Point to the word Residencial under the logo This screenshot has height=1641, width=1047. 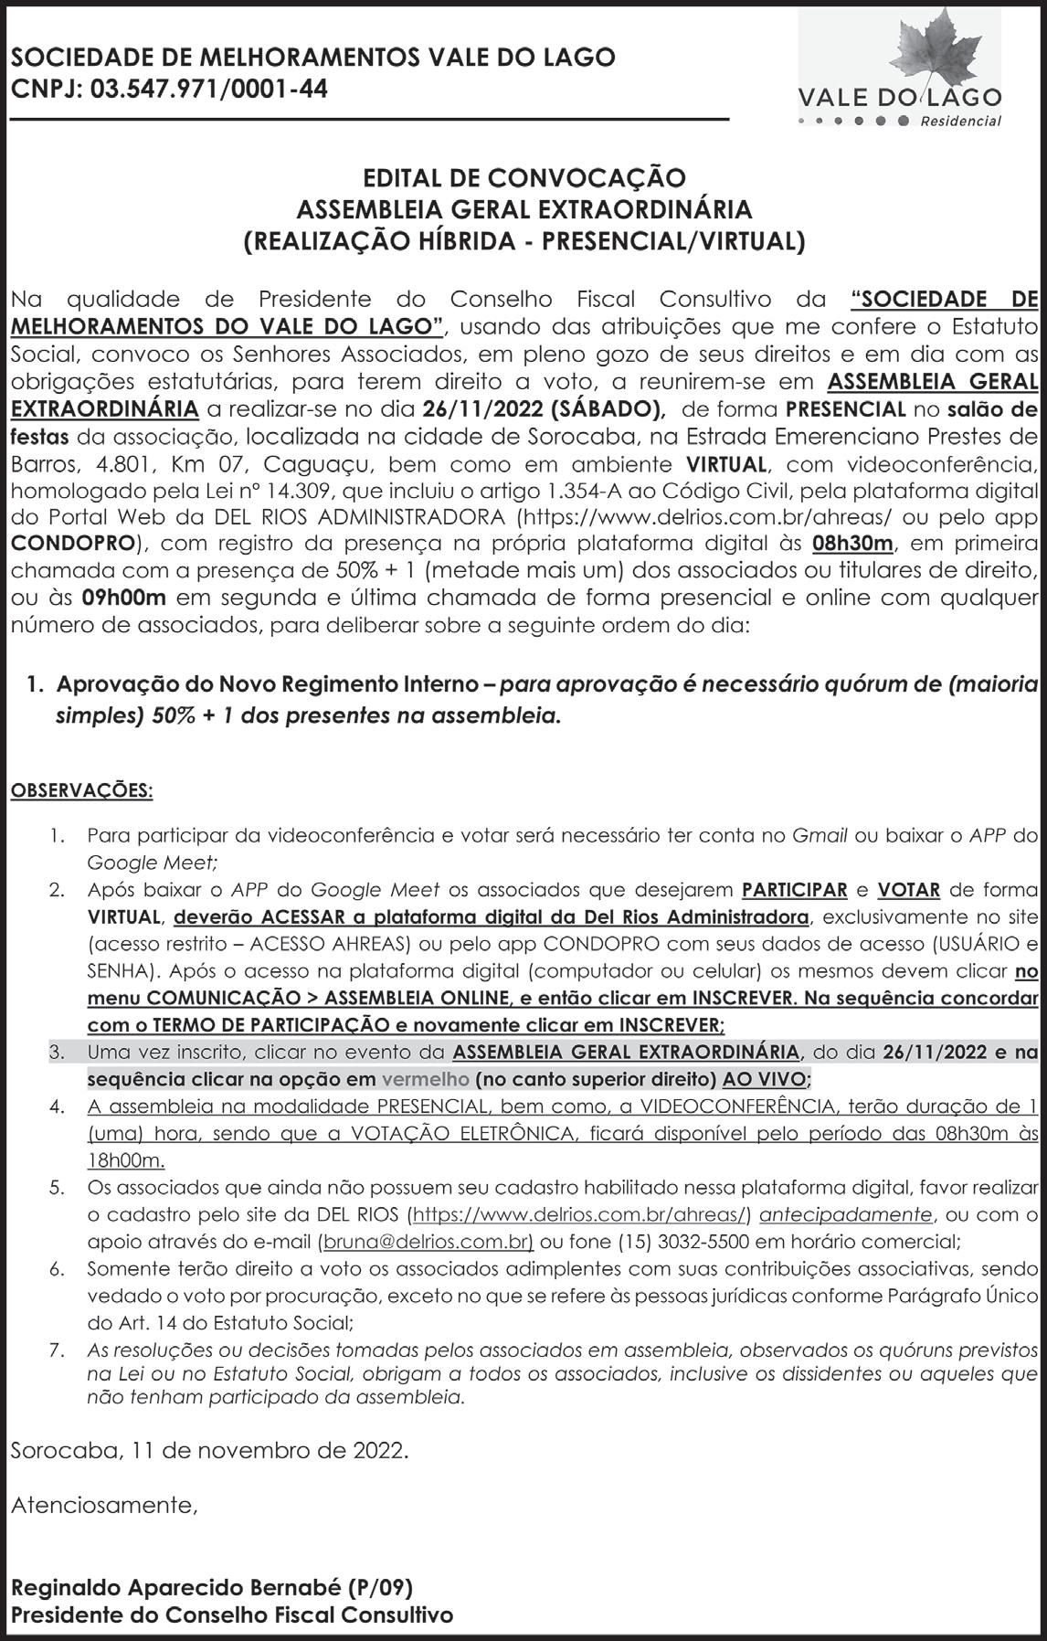tap(960, 122)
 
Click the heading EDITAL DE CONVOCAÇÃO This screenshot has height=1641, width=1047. tap(523, 177)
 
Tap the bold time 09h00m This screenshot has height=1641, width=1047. tap(123, 598)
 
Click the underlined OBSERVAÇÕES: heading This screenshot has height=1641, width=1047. tap(81, 790)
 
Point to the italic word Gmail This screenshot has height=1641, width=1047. tap(819, 834)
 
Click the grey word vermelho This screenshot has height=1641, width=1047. tap(425, 1079)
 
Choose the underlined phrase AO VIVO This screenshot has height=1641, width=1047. tap(764, 1079)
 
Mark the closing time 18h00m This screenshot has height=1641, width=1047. tap(125, 1160)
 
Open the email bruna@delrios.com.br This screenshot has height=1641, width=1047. tap(428, 1242)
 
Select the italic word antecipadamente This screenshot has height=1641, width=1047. tap(846, 1214)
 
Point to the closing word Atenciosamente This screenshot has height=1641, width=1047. tap(104, 1505)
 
